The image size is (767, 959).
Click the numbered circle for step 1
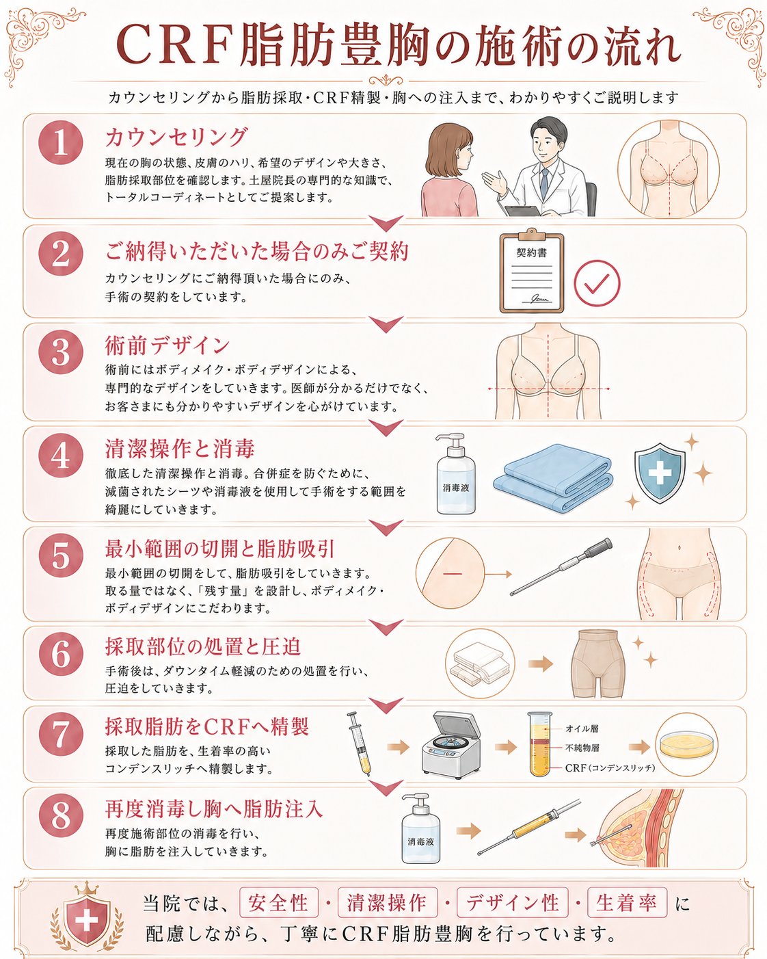61,142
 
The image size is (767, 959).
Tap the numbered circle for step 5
61,555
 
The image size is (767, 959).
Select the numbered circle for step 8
61,815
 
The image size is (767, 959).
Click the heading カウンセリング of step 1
176,137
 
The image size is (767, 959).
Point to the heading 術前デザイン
167,346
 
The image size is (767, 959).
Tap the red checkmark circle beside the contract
597,283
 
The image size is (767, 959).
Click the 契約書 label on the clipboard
531,253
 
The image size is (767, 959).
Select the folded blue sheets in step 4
553,478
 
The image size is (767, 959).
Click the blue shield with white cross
660,473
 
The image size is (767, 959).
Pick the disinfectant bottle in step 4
456,474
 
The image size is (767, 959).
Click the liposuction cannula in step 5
561,566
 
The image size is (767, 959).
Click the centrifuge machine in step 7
451,745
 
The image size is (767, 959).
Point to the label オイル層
582,728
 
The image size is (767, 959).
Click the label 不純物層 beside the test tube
582,748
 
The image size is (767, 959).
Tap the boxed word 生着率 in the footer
627,904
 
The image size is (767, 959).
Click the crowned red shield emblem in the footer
87,918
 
